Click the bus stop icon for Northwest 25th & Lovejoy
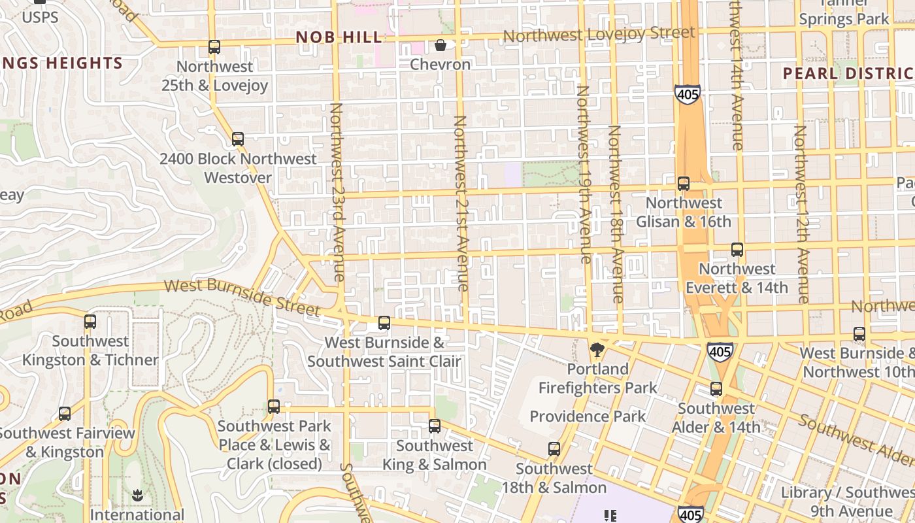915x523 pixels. (x=214, y=47)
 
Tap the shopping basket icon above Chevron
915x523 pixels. (x=441, y=45)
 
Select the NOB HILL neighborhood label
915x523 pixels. (x=339, y=37)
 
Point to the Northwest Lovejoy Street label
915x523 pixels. (x=599, y=34)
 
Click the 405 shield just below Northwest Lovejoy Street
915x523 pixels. (x=688, y=95)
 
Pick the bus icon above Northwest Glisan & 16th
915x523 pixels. (x=684, y=184)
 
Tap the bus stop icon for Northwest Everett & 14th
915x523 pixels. (x=737, y=250)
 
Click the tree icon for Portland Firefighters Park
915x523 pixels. (x=597, y=350)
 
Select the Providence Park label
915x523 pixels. (x=588, y=416)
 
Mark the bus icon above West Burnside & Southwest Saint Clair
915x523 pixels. (x=384, y=323)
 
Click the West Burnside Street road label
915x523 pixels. (x=242, y=296)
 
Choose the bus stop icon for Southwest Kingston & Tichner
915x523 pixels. (x=90, y=322)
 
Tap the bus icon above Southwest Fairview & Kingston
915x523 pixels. (x=64, y=414)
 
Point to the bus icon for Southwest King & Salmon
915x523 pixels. (x=435, y=427)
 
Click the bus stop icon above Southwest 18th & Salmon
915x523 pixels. (x=554, y=449)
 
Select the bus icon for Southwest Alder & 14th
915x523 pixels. (x=716, y=389)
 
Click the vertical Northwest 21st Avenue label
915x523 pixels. (x=461, y=203)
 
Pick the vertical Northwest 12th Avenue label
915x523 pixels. (x=802, y=214)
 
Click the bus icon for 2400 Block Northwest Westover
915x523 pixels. (x=238, y=139)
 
